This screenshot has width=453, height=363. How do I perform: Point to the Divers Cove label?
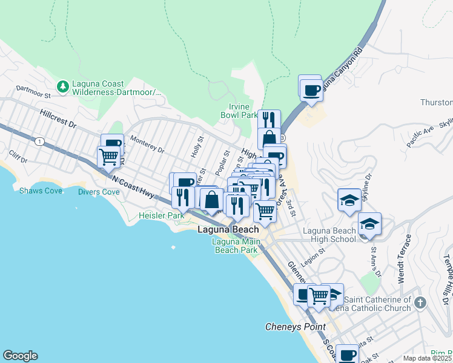(x=99, y=192)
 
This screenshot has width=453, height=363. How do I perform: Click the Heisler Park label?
(x=161, y=215)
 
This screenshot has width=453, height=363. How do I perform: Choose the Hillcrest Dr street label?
(x=58, y=118)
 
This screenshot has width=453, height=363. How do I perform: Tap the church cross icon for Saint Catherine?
(x=421, y=301)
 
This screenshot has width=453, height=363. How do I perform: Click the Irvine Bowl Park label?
(x=239, y=111)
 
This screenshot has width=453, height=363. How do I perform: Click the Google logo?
(x=20, y=356)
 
